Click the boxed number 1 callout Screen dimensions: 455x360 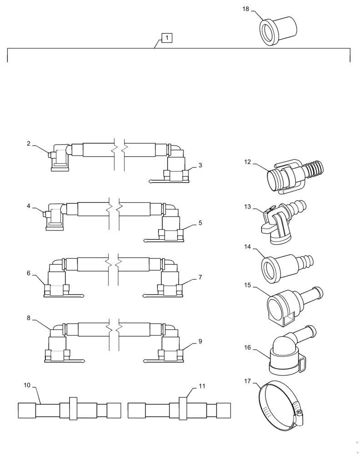(167, 38)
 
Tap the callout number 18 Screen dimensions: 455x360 (245, 9)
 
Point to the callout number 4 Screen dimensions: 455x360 (28, 206)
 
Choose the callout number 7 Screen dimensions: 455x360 (200, 277)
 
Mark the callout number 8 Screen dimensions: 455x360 (28, 318)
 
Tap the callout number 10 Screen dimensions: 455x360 (27, 385)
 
